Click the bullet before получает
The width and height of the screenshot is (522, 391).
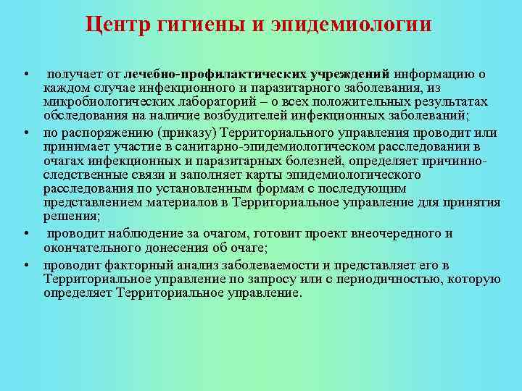pyautogui.click(x=25, y=75)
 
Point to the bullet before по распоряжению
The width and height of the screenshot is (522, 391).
pyautogui.click(x=25, y=133)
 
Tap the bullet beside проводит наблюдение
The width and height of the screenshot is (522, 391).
pyautogui.click(x=25, y=234)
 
